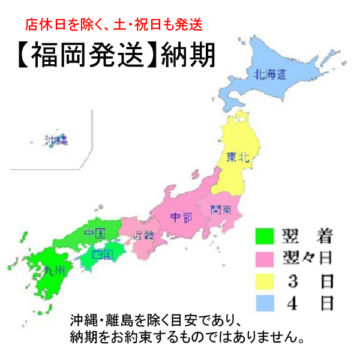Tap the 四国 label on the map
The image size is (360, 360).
coord(103,255)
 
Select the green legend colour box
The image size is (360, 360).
coord(264,236)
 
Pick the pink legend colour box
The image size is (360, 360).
coord(264,259)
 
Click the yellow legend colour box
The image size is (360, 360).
coord(264,281)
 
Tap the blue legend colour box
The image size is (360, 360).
coord(264,304)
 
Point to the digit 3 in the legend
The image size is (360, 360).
coord(292,281)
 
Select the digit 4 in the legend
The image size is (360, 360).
coord(292,304)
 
